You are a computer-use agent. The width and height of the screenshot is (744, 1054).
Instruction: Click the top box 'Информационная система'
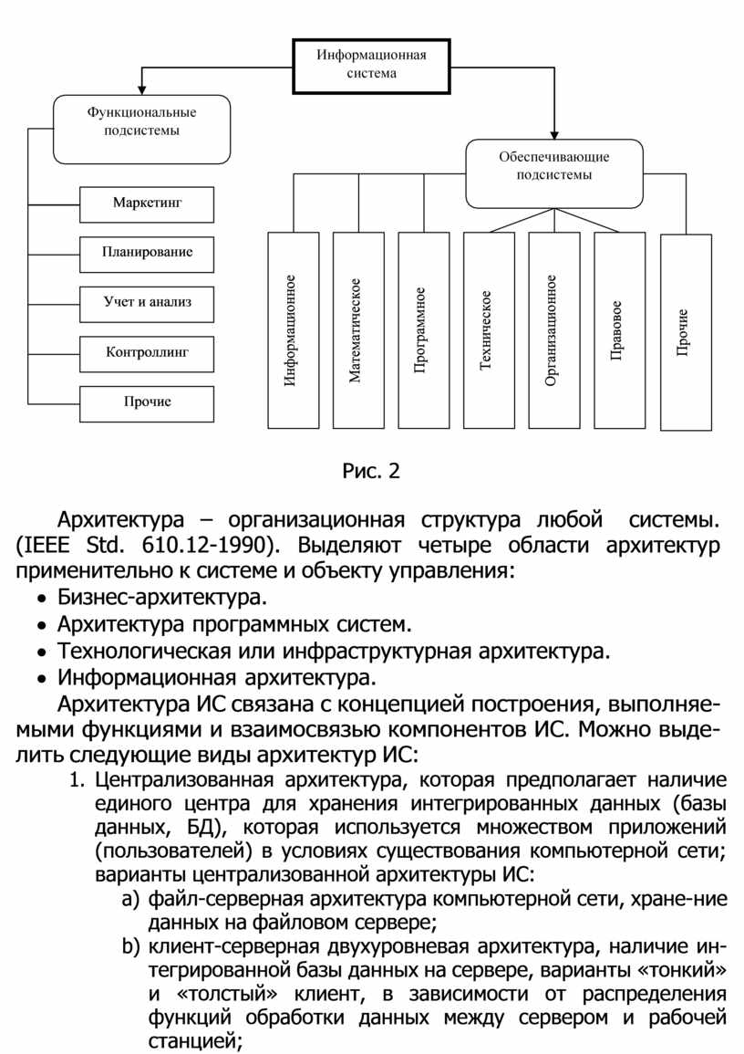[x=371, y=65]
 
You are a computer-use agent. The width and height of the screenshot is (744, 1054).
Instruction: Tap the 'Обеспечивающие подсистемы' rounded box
[x=554, y=173]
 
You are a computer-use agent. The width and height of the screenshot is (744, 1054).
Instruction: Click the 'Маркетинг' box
[x=147, y=203]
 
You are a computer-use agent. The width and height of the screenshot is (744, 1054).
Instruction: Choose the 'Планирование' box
[x=147, y=253]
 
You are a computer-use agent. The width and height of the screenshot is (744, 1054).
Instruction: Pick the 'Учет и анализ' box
[x=147, y=303]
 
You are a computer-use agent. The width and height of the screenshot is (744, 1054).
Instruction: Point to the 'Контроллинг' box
[x=147, y=352]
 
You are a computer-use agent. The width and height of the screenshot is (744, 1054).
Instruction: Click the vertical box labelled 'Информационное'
[x=294, y=330]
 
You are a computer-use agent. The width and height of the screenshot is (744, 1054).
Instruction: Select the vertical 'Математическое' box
[x=358, y=330]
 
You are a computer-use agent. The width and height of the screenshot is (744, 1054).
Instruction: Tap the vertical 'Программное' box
[x=424, y=330]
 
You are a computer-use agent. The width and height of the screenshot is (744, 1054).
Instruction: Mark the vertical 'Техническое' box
[x=489, y=330]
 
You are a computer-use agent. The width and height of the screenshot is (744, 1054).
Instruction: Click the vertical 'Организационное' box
[x=553, y=330]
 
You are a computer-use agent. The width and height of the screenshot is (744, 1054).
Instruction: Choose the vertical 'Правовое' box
[x=619, y=330]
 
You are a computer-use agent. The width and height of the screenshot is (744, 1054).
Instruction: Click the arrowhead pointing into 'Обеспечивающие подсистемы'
[x=554, y=135]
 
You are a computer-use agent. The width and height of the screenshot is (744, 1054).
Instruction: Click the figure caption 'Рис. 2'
[x=371, y=472]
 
